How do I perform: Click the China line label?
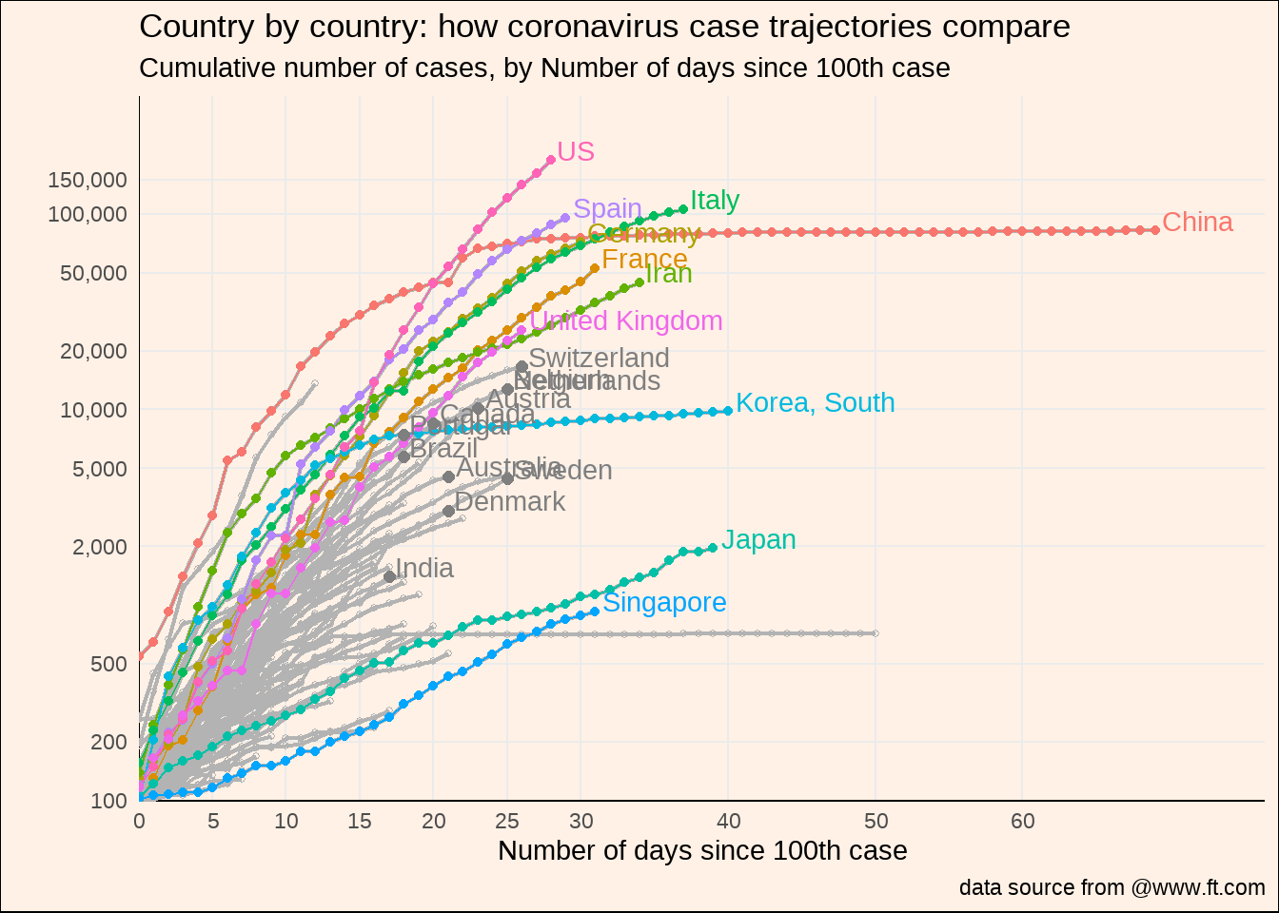pyautogui.click(x=1197, y=223)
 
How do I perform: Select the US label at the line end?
pyautogui.click(x=576, y=152)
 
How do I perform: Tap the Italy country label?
pyautogui.click(x=715, y=201)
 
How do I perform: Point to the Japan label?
pyautogui.click(x=758, y=540)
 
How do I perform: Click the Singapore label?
pyautogui.click(x=664, y=603)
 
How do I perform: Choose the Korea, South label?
pyautogui.click(x=815, y=403)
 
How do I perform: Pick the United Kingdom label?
pyautogui.click(x=626, y=321)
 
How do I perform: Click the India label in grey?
pyautogui.click(x=424, y=569)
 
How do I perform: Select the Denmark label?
pyautogui.click(x=510, y=502)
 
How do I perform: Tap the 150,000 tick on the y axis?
pyautogui.click(x=88, y=180)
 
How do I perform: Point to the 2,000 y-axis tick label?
pyautogui.click(x=100, y=547)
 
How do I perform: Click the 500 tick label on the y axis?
pyautogui.click(x=108, y=664)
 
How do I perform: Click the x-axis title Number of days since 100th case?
pyautogui.click(x=702, y=851)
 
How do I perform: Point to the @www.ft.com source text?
pyautogui.click(x=1198, y=888)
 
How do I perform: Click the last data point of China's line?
pyautogui.click(x=1155, y=229)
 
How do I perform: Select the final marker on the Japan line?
pyautogui.click(x=713, y=548)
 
